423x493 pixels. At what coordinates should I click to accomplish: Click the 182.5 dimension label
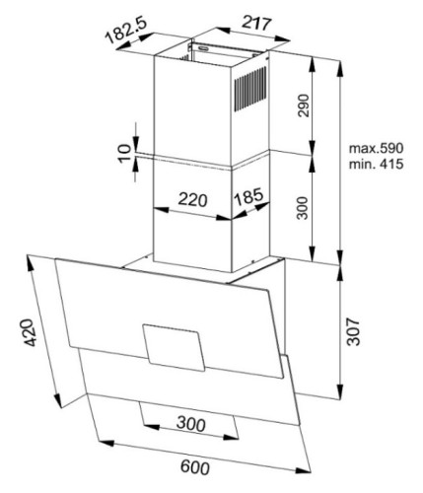126,31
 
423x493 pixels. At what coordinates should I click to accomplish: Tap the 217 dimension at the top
257,23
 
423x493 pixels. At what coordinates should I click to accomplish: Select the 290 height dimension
303,106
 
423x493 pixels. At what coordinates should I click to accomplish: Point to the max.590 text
376,148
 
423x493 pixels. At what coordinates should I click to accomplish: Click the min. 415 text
376,164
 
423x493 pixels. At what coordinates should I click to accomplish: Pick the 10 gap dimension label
124,153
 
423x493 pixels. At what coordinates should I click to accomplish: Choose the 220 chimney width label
192,199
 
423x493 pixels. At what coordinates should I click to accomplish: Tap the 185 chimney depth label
248,197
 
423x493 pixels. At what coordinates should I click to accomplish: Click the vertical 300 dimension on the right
303,208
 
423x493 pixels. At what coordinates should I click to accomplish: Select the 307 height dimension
354,331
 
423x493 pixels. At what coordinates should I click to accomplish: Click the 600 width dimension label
195,467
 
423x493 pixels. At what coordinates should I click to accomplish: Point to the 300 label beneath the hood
191,423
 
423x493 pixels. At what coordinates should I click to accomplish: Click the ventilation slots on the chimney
250,90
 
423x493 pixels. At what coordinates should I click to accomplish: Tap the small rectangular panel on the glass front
174,348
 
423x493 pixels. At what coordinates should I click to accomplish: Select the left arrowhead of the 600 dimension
106,443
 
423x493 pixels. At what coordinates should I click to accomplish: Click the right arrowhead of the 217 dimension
283,38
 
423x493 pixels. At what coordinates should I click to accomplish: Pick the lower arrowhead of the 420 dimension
58,401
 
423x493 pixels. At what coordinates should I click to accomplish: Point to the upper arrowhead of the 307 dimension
340,272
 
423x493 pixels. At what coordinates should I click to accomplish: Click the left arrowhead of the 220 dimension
161,209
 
